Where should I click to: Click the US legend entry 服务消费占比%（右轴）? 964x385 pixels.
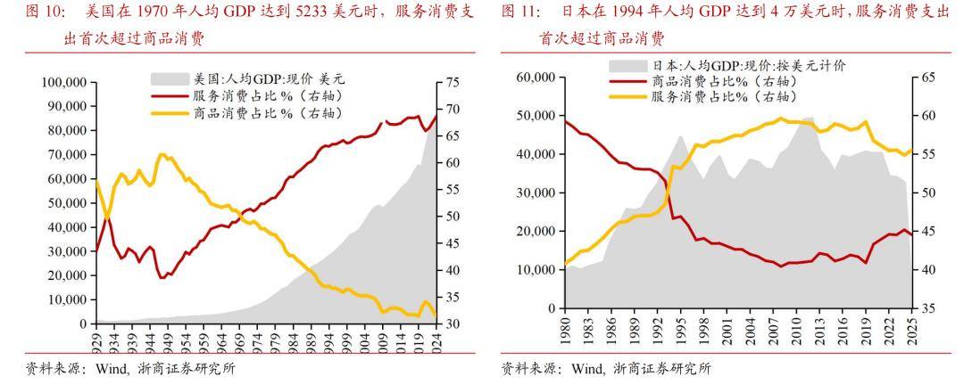(268, 95)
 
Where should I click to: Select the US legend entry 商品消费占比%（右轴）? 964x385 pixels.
(268, 113)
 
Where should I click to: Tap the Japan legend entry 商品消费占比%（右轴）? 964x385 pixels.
(723, 81)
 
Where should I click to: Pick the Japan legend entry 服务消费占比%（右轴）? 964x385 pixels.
(723, 96)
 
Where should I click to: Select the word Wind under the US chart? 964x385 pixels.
(106, 369)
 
